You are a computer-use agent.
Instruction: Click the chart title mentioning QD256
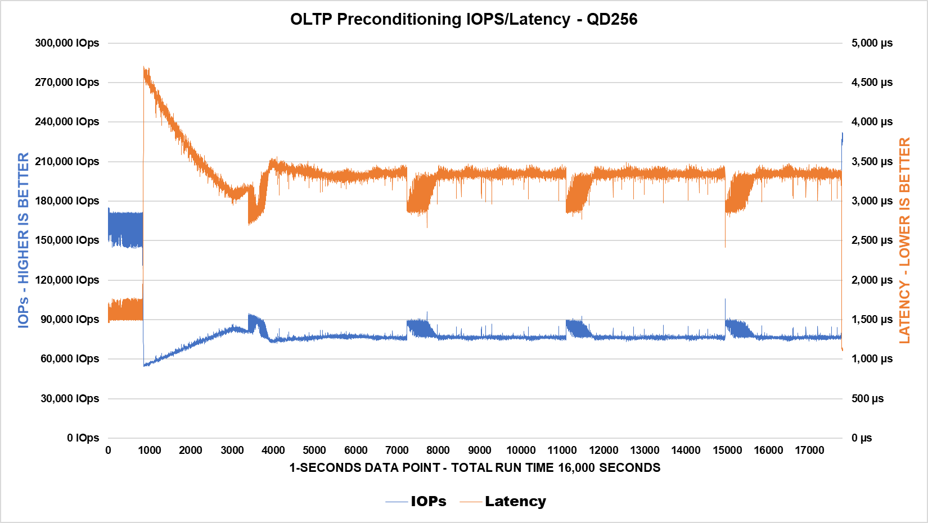tap(463, 19)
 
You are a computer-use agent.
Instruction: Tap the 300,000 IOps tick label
tap(67, 43)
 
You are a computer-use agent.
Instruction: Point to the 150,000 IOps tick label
tap(67, 240)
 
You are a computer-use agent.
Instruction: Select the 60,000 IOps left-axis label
tap(70, 359)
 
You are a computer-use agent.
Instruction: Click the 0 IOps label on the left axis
tap(83, 438)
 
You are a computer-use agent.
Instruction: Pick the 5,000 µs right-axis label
tap(872, 43)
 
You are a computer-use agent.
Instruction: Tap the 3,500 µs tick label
tap(872, 162)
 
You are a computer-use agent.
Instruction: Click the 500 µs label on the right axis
tap(867, 399)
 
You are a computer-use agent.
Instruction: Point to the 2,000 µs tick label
tap(872, 280)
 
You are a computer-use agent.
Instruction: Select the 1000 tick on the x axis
tap(150, 451)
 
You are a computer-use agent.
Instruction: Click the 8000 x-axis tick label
tap(438, 451)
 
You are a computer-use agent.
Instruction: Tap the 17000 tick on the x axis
tap(809, 451)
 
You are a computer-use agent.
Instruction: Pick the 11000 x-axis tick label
tap(562, 451)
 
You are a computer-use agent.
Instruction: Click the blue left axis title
tap(23, 240)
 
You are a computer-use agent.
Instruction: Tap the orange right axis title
tap(904, 240)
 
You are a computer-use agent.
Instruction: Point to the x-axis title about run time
tap(475, 468)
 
